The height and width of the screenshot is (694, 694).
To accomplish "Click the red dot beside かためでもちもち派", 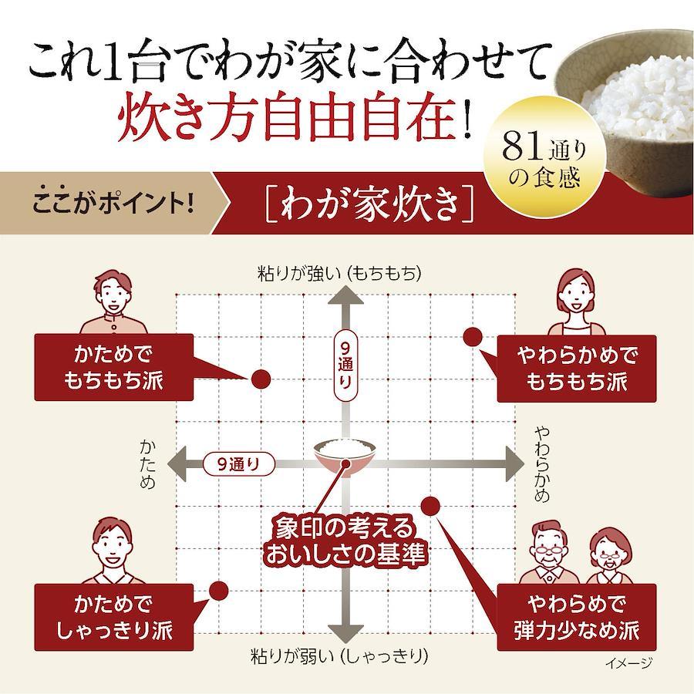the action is coord(261,379).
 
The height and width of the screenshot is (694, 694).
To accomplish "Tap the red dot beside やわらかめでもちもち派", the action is coord(473,338).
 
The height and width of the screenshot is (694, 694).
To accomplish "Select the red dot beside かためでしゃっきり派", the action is coord(219,591).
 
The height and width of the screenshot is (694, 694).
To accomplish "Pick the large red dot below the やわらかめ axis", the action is coord(430,506).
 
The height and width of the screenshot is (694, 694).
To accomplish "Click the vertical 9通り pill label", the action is coord(345,366).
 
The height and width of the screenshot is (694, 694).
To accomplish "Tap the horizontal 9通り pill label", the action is coord(239,464).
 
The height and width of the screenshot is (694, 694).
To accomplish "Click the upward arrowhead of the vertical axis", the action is coord(345,296).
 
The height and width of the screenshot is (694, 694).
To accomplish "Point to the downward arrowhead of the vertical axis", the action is coord(345,633).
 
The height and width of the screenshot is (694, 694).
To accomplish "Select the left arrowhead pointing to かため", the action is coord(177,464).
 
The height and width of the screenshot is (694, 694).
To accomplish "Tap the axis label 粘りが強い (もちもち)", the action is coord(339,274).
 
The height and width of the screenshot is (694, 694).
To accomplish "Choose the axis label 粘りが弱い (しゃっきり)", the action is coord(339,657).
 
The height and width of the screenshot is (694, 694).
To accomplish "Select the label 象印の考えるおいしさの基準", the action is coord(345,540).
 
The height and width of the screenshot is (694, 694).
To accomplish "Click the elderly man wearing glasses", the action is coord(549,552).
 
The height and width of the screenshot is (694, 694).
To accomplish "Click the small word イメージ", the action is coord(628,662).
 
